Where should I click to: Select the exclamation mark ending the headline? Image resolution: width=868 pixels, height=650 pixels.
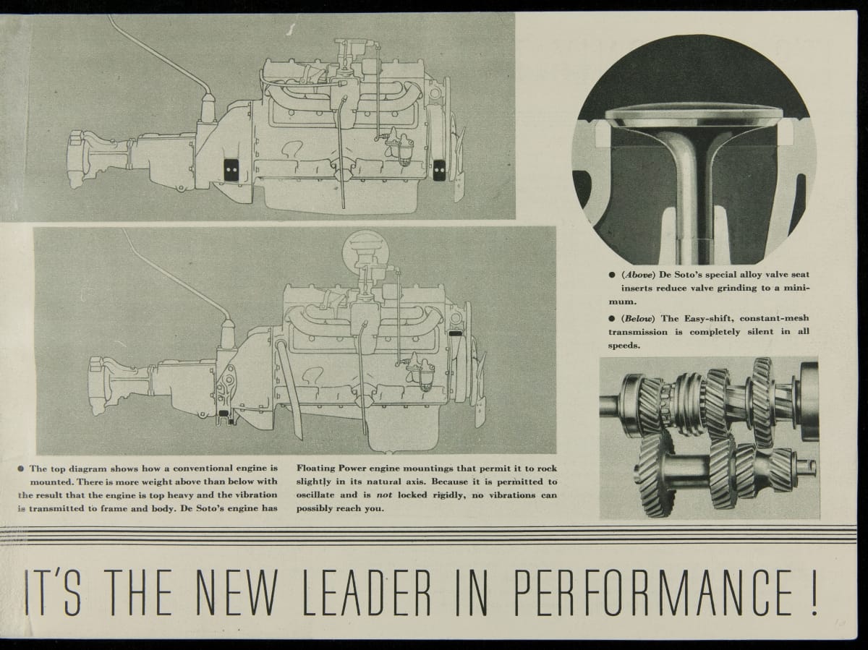click(814, 593)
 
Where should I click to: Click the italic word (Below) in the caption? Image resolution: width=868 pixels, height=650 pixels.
click(638, 318)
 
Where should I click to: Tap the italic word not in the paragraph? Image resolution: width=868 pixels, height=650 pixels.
click(384, 495)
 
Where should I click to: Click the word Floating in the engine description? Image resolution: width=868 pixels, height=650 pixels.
click(315, 469)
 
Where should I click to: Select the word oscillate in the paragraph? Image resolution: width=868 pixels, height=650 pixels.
click(315, 495)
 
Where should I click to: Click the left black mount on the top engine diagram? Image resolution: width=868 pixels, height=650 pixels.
click(231, 171)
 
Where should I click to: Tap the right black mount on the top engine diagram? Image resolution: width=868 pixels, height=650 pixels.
click(439, 171)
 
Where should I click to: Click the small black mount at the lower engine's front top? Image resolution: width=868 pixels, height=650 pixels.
click(456, 333)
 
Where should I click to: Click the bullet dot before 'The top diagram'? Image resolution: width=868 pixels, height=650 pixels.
click(20, 469)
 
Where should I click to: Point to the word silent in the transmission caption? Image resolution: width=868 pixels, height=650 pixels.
click(760, 332)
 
